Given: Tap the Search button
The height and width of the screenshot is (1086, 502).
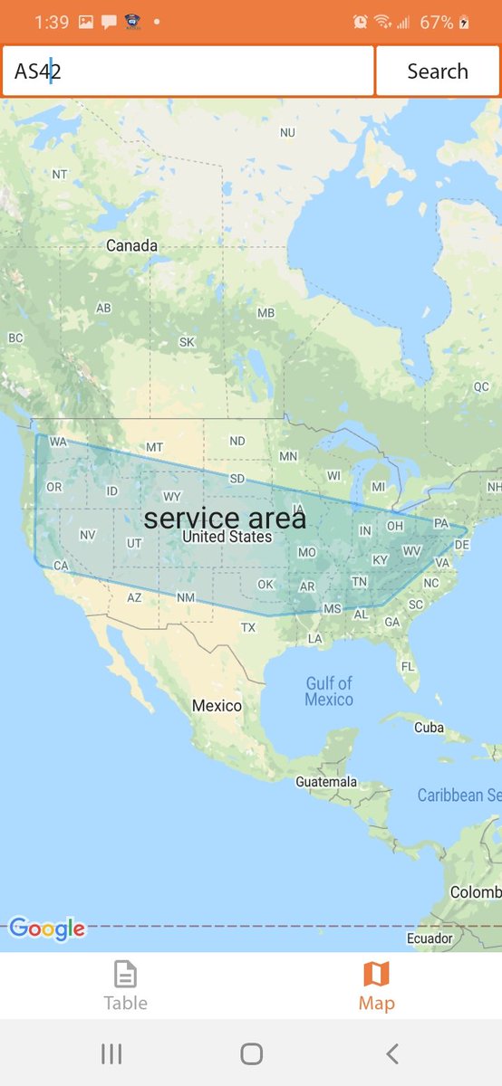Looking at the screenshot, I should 437,71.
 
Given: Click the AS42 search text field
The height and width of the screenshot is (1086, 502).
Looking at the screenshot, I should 188,71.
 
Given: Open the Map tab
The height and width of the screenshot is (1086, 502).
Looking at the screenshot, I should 376,985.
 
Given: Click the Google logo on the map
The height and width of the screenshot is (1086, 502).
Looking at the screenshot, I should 47,929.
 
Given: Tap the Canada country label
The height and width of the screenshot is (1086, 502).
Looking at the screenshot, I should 131,245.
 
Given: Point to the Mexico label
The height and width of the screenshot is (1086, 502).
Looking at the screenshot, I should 217,705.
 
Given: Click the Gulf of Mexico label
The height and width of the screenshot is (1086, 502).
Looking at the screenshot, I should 329,691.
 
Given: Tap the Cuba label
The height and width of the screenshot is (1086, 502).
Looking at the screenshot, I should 429,727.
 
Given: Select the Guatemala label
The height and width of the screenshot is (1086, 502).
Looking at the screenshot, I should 326,781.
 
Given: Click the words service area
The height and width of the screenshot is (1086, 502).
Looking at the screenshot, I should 225,519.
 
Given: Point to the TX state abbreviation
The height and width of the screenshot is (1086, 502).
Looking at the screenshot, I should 248,627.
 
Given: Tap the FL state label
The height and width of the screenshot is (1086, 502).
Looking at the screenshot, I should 408,666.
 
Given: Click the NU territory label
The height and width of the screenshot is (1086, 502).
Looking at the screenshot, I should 287,132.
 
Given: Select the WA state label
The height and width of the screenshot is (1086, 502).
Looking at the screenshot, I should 58,442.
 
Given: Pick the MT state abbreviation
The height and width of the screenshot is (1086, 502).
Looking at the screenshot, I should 154,447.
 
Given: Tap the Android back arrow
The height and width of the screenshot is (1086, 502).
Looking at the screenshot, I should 391,1053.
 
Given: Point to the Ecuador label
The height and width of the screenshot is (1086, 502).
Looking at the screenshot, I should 430,938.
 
